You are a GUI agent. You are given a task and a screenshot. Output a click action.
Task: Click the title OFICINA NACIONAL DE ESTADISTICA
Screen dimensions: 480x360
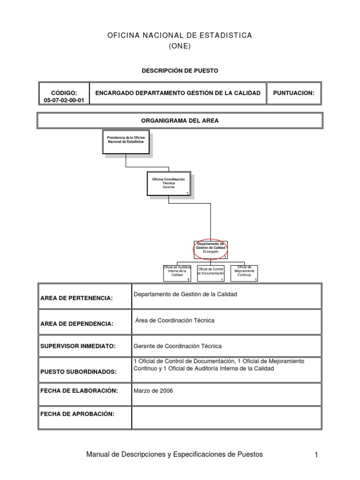[x=180, y=36]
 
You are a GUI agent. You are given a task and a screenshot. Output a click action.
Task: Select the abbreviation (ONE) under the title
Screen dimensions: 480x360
[x=180, y=46]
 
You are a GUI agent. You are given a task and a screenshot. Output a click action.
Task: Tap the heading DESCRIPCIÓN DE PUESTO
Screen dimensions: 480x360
[x=180, y=71]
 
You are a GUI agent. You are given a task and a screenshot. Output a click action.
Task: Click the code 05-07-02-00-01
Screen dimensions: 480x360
[x=64, y=100]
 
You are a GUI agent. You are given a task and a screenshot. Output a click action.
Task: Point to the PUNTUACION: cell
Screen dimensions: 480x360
[x=294, y=93]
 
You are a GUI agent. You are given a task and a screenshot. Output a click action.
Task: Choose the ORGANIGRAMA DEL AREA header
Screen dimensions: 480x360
[x=180, y=120]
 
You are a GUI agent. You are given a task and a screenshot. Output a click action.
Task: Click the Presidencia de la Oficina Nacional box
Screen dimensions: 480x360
[x=126, y=142]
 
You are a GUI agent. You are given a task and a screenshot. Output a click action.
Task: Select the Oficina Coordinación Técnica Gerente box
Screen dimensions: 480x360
[x=168, y=184]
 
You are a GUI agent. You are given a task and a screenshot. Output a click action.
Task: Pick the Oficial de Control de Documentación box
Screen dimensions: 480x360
[x=210, y=273]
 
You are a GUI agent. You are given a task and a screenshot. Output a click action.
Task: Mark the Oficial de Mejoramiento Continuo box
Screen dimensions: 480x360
[x=244, y=272]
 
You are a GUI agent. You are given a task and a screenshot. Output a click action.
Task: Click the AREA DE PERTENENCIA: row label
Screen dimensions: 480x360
[x=77, y=299]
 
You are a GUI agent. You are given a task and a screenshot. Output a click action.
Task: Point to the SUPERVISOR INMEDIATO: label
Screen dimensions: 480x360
[x=78, y=346]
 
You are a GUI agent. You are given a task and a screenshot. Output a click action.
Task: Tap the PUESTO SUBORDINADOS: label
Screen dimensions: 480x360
[x=78, y=371]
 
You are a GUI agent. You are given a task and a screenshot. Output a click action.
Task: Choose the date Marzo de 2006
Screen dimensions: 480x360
[x=153, y=390]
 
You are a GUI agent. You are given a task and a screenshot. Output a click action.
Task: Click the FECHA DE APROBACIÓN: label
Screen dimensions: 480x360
[x=77, y=414]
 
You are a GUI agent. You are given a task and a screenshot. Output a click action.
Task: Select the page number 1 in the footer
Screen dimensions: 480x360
[x=316, y=455]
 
